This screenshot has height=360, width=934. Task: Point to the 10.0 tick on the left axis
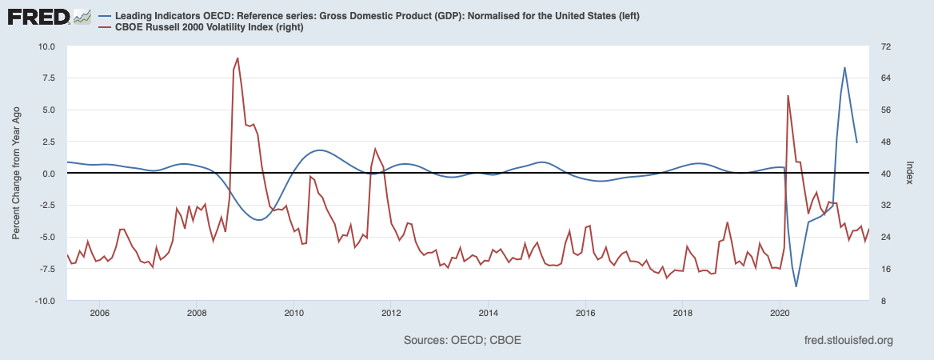click(x=46, y=46)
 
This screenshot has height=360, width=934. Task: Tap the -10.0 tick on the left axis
click(x=44, y=301)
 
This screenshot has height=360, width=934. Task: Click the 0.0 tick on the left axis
click(x=49, y=174)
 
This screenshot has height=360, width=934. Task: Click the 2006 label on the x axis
click(x=99, y=313)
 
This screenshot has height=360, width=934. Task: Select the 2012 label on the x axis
click(x=391, y=313)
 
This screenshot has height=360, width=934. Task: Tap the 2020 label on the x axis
click(x=780, y=313)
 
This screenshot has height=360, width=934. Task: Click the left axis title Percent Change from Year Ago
click(x=17, y=174)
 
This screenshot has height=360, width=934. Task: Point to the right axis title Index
click(x=910, y=174)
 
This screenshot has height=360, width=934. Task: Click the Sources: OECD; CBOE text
click(x=463, y=341)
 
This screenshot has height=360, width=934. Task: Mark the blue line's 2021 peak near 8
click(x=844, y=68)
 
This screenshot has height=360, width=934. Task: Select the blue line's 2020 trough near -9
click(x=796, y=286)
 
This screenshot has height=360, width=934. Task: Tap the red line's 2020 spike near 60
click(x=788, y=96)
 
